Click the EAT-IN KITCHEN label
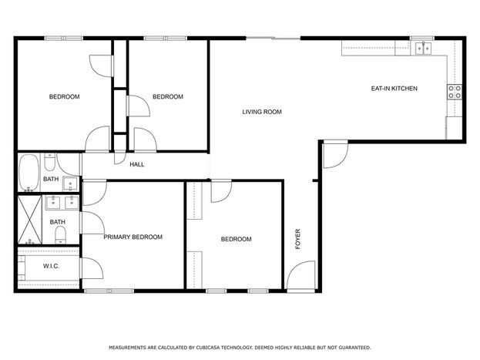pyautogui.click(x=394, y=89)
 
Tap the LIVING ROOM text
pyautogui.click(x=262, y=112)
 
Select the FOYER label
pyautogui.click(x=297, y=239)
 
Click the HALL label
pyautogui.click(x=137, y=164)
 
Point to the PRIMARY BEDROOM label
pyautogui.click(x=133, y=237)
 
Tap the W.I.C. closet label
pyautogui.click(x=51, y=266)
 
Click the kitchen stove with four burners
pyautogui.click(x=455, y=92)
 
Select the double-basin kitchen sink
pyautogui.click(x=423, y=49)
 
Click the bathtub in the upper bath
pyautogui.click(x=29, y=173)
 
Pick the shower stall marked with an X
pyautogui.click(x=30, y=220)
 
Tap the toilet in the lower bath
pyautogui.click(x=61, y=235)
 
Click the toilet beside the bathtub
pyautogui.click(x=49, y=163)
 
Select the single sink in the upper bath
pyautogui.click(x=70, y=183)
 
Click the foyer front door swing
pyautogui.click(x=301, y=275)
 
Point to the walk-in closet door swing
pyautogui.click(x=92, y=268)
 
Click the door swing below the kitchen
pyautogui.click(x=336, y=155)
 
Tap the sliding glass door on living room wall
pyautogui.click(x=274, y=38)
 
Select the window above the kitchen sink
pyautogui.click(x=422, y=38)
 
